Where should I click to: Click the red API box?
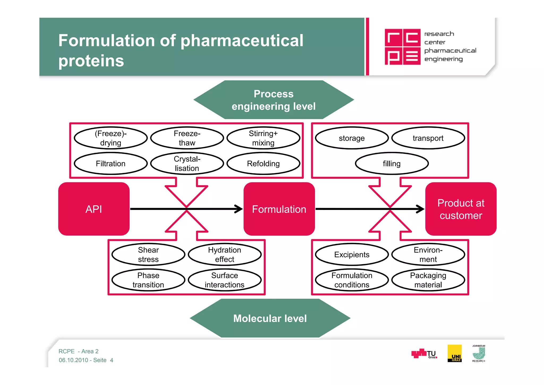94,209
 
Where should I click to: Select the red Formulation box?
279,209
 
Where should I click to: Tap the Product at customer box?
461,209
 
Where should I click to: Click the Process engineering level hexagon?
274,100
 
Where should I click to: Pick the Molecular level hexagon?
270,318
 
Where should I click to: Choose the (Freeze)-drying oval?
110,138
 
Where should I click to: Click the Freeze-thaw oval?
187,138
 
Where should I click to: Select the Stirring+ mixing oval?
263,138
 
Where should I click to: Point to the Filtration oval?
110,163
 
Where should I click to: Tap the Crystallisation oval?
187,163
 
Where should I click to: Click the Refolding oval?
263,163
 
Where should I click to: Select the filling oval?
392,163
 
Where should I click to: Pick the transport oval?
428,138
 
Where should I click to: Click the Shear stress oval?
148,254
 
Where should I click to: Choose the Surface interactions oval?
224,280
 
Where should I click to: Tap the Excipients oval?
352,254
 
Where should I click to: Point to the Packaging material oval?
428,280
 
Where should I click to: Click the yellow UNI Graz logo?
454,353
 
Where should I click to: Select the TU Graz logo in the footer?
424,354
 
